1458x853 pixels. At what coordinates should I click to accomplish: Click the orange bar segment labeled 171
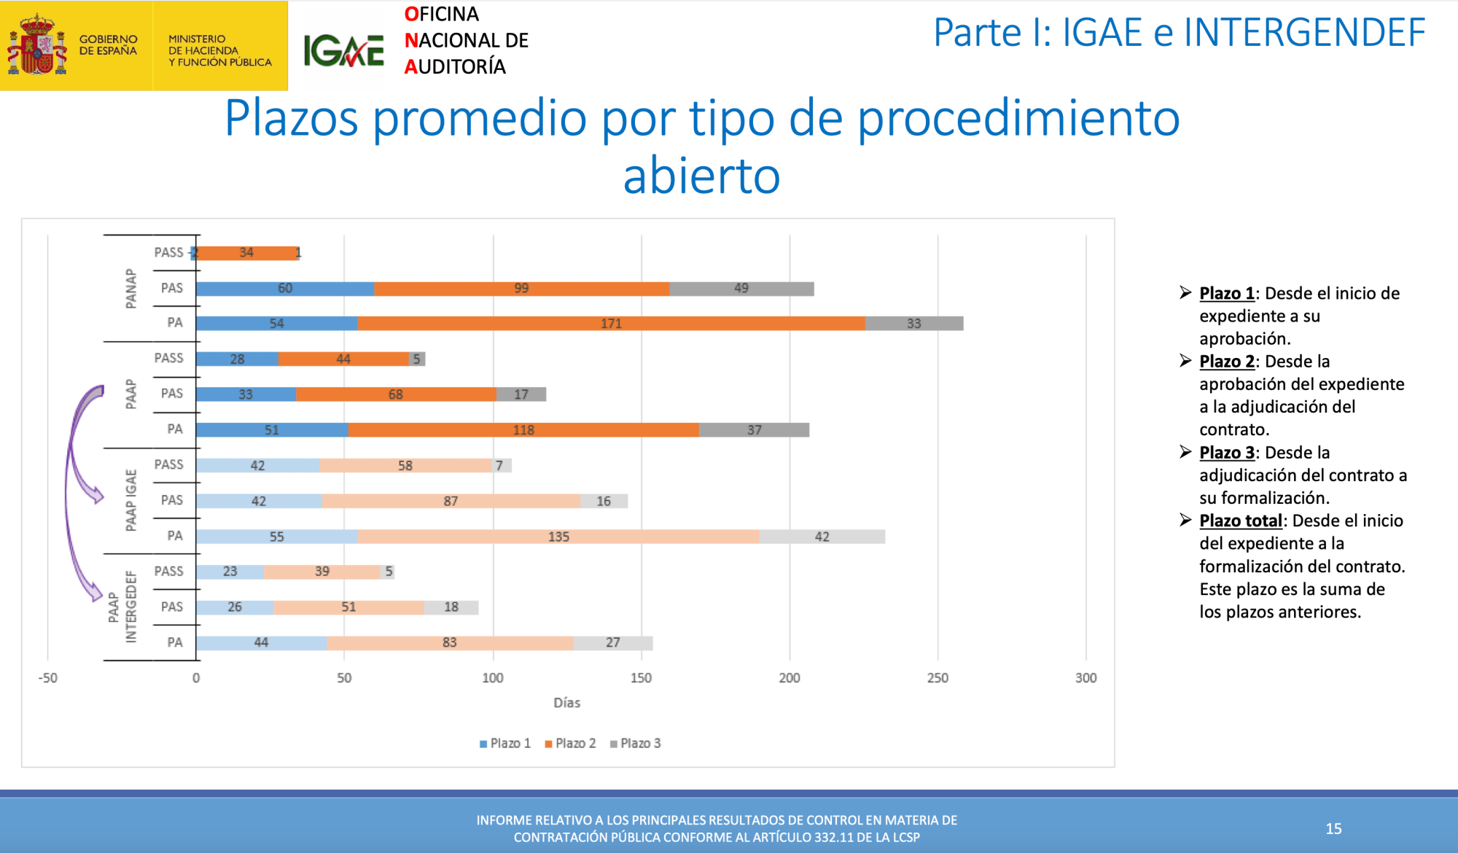(612, 323)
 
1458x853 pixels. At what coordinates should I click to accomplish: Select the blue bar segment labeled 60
(285, 289)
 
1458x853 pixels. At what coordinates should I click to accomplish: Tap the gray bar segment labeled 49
(741, 289)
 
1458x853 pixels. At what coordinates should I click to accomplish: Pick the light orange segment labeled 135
(558, 537)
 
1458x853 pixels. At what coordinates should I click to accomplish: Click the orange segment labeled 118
(523, 430)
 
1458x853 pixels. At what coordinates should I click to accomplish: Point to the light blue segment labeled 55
(277, 537)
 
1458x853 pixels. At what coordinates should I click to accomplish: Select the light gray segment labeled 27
(613, 643)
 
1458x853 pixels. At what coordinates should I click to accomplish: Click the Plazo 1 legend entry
(505, 743)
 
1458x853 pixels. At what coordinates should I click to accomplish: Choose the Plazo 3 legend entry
(636, 743)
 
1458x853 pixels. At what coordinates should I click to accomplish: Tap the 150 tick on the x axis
(641, 678)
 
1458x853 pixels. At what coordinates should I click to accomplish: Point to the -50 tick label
(48, 678)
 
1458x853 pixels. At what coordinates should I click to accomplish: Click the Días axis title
(566, 703)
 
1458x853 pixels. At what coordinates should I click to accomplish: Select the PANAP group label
(130, 289)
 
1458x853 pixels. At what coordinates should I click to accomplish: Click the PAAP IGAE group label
(130, 500)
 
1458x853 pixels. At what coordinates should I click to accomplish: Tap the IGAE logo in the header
(343, 51)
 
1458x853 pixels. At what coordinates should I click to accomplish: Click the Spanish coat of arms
(37, 45)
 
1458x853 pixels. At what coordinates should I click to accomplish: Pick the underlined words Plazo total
(1241, 521)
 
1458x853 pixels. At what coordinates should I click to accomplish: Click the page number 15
(1334, 829)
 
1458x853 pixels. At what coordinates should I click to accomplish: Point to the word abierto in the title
(701, 176)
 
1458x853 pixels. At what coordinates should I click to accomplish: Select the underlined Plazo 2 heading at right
(1227, 362)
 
